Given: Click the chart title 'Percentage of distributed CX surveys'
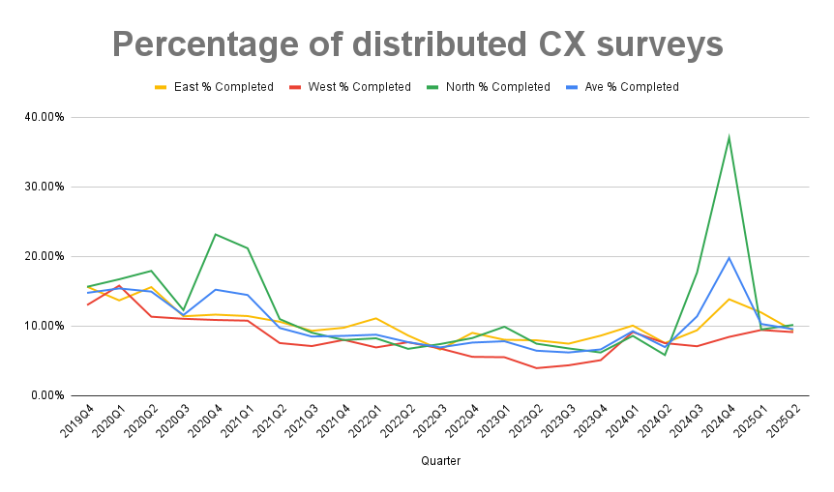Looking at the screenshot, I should (x=417, y=44).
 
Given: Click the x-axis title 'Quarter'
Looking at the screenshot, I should (x=440, y=461).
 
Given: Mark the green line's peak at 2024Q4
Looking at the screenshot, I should (x=729, y=137).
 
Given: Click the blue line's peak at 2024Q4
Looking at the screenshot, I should (x=729, y=257).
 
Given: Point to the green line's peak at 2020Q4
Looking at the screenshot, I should (x=216, y=234).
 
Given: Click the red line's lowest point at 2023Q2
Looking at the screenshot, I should (x=536, y=368).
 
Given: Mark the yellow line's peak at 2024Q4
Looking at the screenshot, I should (x=729, y=299).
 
